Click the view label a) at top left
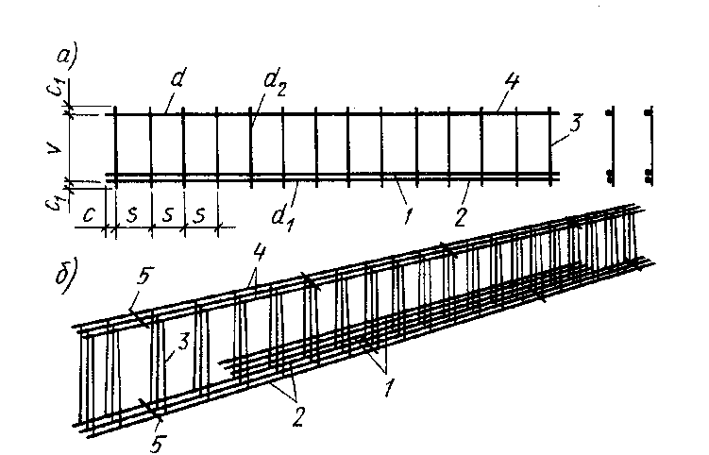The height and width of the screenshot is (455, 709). [66, 58]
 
